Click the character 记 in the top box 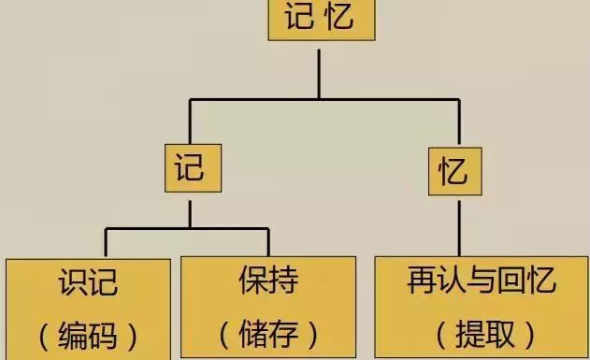[299, 16]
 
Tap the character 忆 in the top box [338, 16]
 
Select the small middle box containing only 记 [193, 168]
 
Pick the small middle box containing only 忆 [455, 171]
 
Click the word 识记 [89, 282]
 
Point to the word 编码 [89, 336]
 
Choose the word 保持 [268, 280]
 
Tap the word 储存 [268, 334]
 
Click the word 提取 [484, 334]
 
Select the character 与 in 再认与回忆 [482, 281]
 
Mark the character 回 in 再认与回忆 [511, 281]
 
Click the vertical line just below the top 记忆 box [319, 74]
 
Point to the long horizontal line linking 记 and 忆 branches [324, 100]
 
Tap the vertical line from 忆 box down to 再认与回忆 [459, 228]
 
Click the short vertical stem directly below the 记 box [190, 214]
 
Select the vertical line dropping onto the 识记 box [106, 242]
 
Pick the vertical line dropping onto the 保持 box [268, 242]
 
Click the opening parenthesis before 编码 [44, 337]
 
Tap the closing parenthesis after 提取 [530, 335]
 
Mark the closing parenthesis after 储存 [314, 335]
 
